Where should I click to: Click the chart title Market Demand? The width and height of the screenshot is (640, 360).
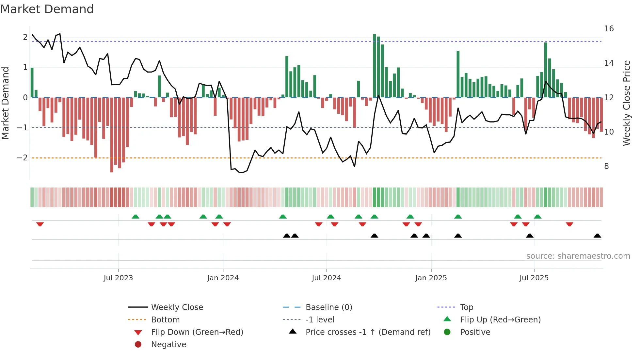point(47,9)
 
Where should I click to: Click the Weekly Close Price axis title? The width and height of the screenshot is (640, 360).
point(626,103)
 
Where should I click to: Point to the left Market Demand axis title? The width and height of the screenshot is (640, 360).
point(5,103)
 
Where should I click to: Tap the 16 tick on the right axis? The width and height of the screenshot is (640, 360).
point(609,29)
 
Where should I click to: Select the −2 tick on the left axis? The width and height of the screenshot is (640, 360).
point(23,158)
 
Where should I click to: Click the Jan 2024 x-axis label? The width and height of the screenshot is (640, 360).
point(223,278)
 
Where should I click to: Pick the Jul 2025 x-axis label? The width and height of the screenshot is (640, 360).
point(534,278)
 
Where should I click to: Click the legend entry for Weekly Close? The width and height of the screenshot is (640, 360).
point(177,307)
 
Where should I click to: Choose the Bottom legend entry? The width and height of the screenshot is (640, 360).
point(165,320)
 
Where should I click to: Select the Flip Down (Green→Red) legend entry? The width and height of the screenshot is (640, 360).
point(197,332)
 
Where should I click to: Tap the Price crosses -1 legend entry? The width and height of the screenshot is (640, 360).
point(368,332)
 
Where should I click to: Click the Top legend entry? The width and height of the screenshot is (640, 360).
point(467,307)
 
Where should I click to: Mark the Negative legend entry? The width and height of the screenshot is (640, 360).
point(168,345)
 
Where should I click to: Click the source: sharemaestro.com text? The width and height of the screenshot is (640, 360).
point(578,256)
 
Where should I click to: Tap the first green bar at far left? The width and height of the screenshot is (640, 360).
point(32,82)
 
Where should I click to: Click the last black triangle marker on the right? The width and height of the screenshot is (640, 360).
point(597,236)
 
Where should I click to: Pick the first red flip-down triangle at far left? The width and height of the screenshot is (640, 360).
point(40,224)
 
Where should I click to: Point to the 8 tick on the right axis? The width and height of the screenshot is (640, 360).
point(606,166)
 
